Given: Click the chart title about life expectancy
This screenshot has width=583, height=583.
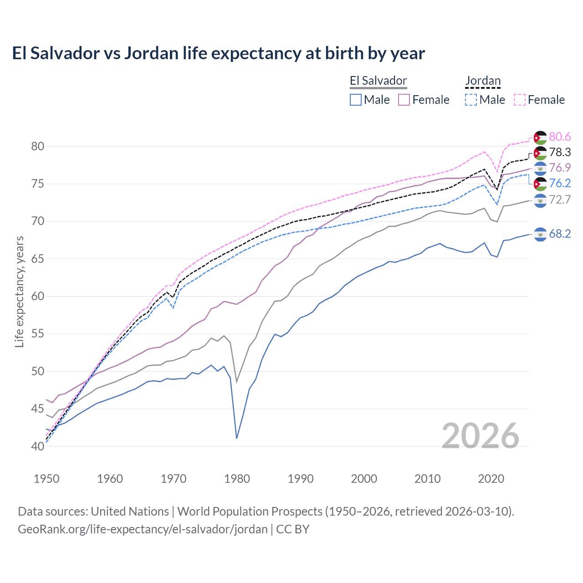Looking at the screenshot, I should point(218,53).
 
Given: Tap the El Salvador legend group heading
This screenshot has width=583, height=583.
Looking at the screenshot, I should point(378,81).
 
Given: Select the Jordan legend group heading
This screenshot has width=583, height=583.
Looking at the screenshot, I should point(483,81).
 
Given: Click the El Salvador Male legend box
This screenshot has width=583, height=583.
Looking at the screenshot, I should point(356,100).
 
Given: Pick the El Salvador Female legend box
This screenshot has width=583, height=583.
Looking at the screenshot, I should point(404,100).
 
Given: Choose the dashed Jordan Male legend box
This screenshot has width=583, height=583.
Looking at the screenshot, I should point(471,100).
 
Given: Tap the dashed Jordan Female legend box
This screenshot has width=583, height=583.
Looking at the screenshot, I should point(520,100).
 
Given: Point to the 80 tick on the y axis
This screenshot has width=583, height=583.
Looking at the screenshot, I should point(38,146).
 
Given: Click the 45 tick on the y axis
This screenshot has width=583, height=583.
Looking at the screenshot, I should point(38,409).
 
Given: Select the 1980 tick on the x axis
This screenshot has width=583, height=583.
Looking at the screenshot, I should point(237,479).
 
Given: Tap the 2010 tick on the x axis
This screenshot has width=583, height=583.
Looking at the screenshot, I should point(427,479).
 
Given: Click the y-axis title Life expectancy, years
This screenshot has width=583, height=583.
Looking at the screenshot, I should point(19,291).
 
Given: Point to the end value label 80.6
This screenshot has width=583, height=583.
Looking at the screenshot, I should point(560,137).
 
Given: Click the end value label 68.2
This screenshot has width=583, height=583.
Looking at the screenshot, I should point(560,234).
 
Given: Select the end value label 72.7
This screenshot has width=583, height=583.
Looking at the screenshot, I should point(560,199).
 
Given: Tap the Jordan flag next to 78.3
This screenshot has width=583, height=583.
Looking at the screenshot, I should point(540,153).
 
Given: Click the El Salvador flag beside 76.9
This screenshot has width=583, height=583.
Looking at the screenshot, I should point(540,168).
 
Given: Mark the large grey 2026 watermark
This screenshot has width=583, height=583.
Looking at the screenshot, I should point(481,436).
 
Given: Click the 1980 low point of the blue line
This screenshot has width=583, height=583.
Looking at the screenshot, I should point(237,438).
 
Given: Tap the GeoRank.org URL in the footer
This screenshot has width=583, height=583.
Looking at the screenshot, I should point(143,529).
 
